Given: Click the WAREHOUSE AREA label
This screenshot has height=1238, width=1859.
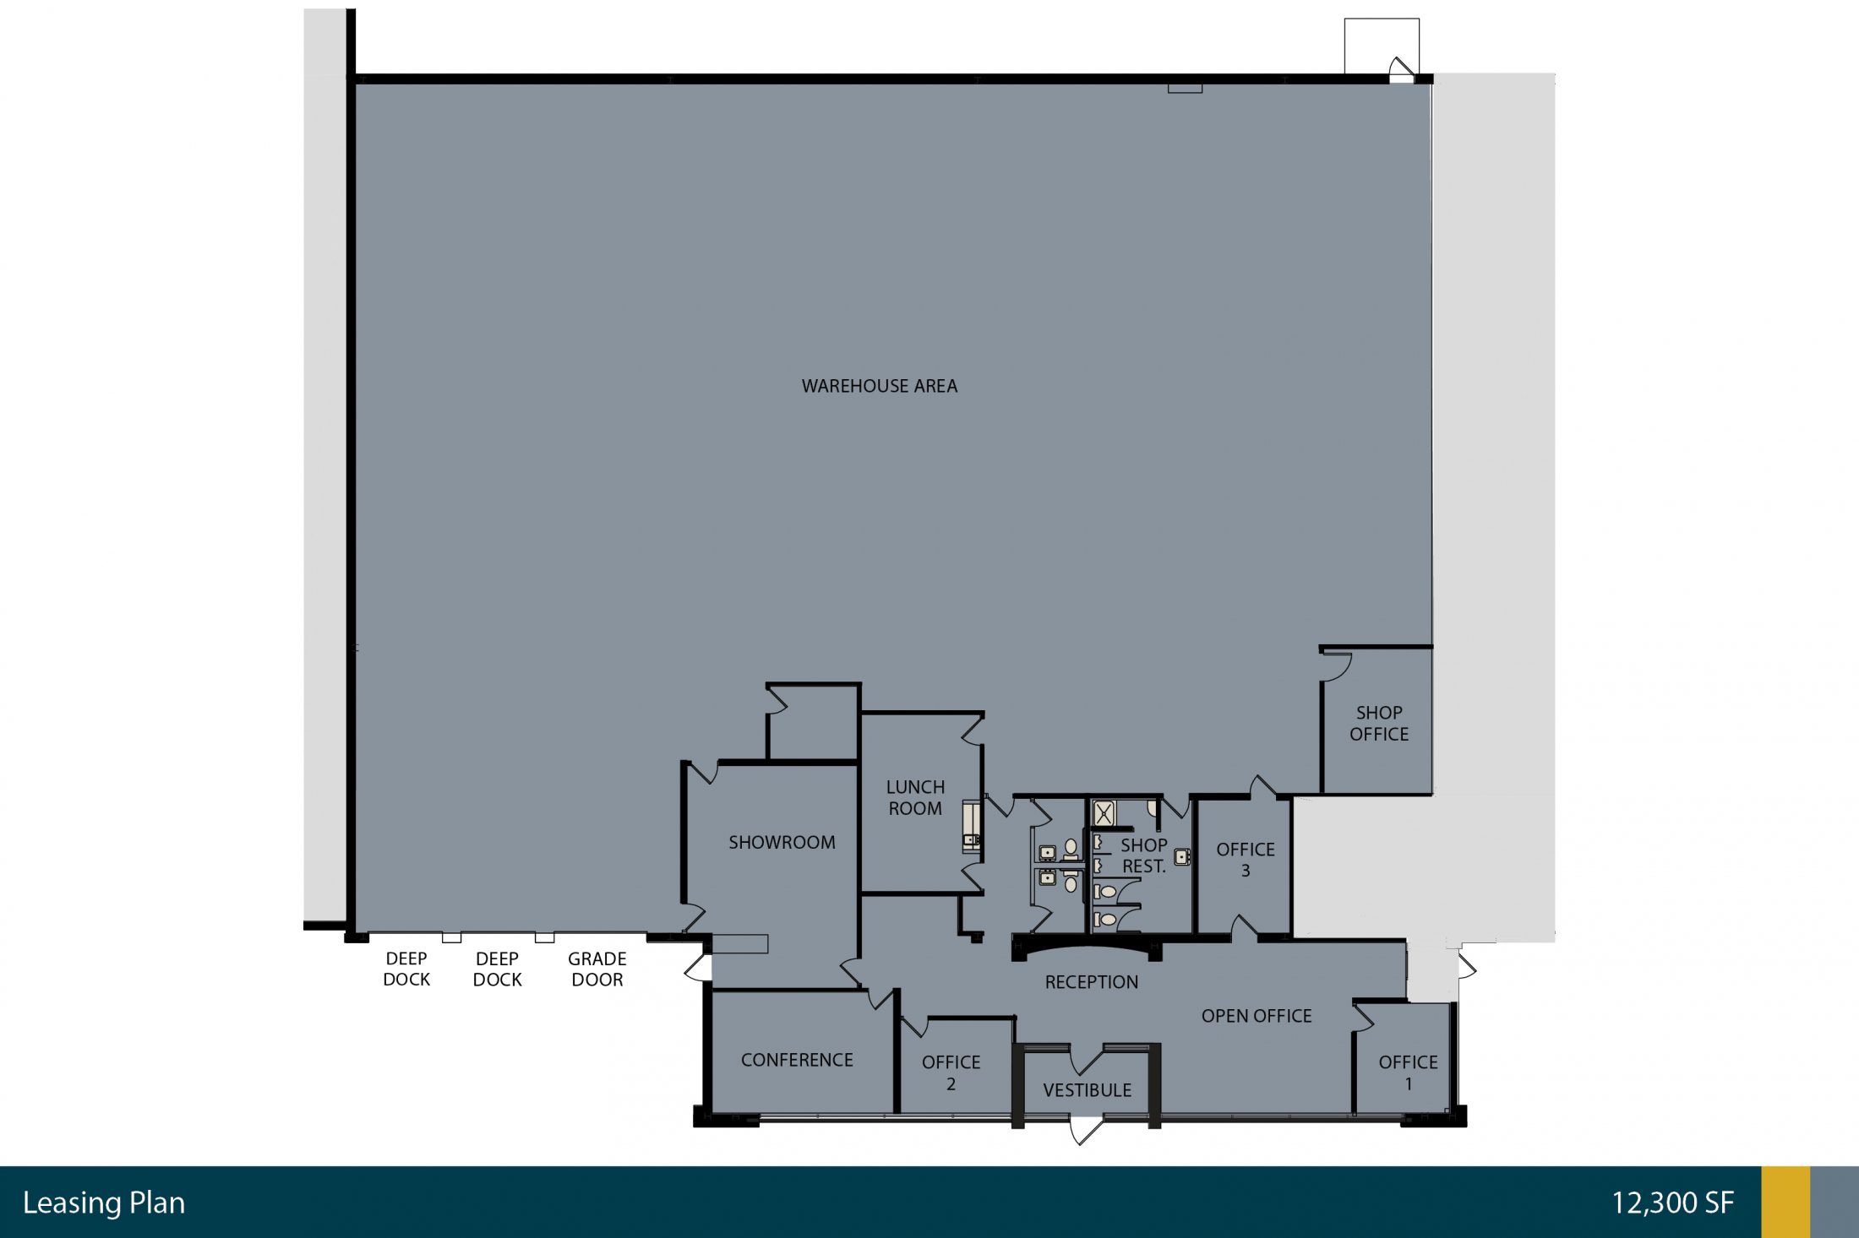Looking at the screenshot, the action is point(880,386).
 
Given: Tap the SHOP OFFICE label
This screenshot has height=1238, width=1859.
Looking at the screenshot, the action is point(1379,724).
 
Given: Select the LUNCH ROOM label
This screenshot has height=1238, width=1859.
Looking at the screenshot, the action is point(915,797).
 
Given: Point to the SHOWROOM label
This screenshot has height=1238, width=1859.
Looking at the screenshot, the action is point(782,842).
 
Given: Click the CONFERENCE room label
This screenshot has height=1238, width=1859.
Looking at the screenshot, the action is point(797,1060).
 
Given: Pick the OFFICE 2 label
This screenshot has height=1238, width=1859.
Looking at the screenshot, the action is point(951,1072).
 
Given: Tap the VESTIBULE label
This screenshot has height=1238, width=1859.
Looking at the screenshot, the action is point(1088,1090).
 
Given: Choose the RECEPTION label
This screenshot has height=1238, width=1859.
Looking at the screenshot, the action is point(1092,982).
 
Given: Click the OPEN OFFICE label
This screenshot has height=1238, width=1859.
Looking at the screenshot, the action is point(1257,1016).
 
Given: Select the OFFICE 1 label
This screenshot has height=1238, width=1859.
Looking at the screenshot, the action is point(1409,1072).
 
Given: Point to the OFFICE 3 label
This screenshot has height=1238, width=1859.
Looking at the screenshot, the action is point(1246,860).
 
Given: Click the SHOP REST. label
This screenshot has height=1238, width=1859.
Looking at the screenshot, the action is point(1144,855).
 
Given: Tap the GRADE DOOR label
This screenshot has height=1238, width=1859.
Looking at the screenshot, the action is point(597,969).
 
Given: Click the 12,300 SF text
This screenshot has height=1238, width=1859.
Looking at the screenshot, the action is point(1673,1203).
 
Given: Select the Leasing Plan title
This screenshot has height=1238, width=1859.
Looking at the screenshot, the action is point(104,1203).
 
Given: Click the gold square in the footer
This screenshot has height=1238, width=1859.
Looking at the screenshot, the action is point(1785,1203).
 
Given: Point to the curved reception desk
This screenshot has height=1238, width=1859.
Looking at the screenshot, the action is point(1088,949).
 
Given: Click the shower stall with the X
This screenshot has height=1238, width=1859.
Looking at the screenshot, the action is point(1104,813).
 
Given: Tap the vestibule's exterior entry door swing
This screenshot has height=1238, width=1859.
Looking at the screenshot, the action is point(1086,1132).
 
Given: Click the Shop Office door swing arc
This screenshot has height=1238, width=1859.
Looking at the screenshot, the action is point(1338,667).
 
